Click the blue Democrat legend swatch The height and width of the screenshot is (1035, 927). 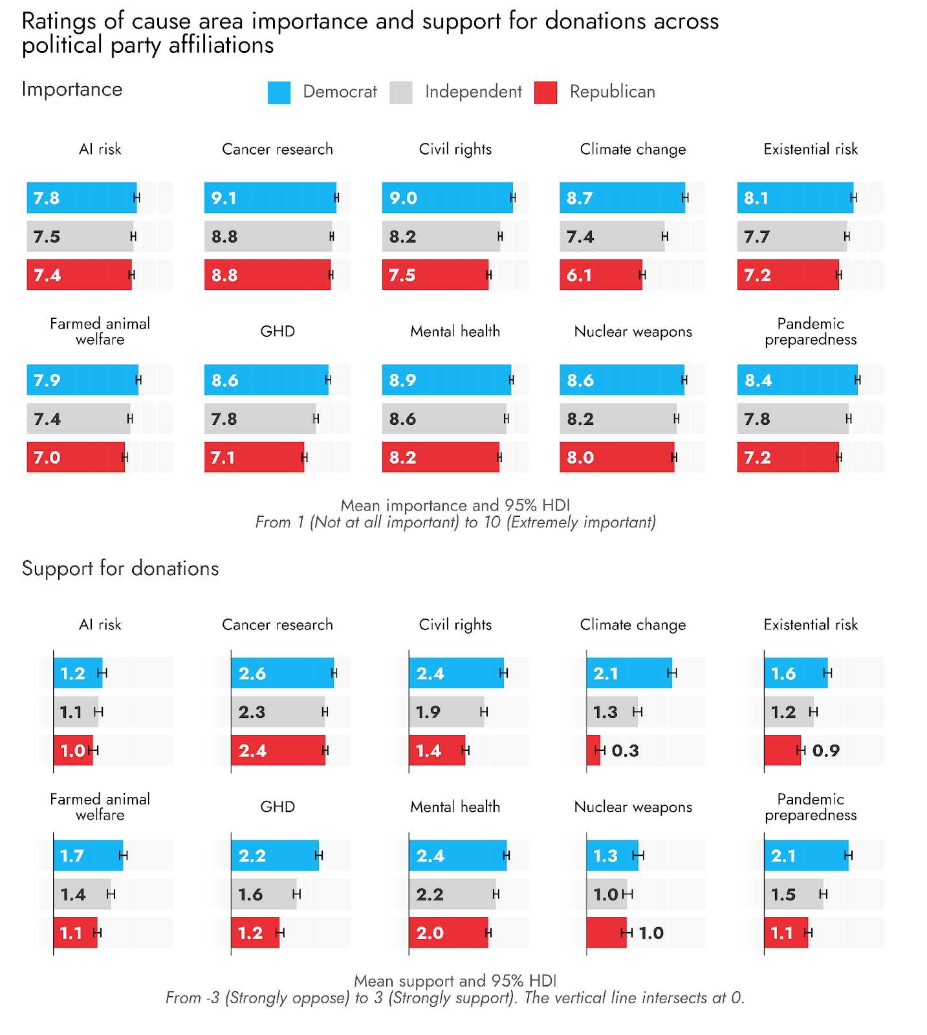(279, 93)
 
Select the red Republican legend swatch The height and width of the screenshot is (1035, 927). (545, 93)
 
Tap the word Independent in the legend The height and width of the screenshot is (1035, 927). (473, 92)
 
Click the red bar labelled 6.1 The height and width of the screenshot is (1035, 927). (600, 275)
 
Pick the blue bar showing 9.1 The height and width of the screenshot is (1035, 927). (270, 198)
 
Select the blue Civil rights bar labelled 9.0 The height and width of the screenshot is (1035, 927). (447, 198)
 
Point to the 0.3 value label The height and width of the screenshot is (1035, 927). (625, 751)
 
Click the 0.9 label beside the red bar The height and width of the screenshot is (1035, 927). (825, 751)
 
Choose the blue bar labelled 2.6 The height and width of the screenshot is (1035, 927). (282, 674)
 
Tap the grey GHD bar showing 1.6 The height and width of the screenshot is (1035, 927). (263, 895)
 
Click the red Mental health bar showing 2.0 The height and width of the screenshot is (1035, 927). (448, 933)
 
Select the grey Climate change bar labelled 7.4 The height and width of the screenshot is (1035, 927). (611, 237)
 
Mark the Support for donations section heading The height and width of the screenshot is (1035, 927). (120, 569)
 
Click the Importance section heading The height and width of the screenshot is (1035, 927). (72, 89)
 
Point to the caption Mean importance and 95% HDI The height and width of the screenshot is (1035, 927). (455, 505)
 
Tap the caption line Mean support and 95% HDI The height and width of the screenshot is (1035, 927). (455, 981)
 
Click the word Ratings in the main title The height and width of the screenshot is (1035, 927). (59, 22)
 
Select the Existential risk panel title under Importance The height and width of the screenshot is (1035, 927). (810, 149)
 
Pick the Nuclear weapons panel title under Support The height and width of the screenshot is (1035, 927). (633, 807)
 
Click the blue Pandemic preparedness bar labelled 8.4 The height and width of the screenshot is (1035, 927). (797, 380)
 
